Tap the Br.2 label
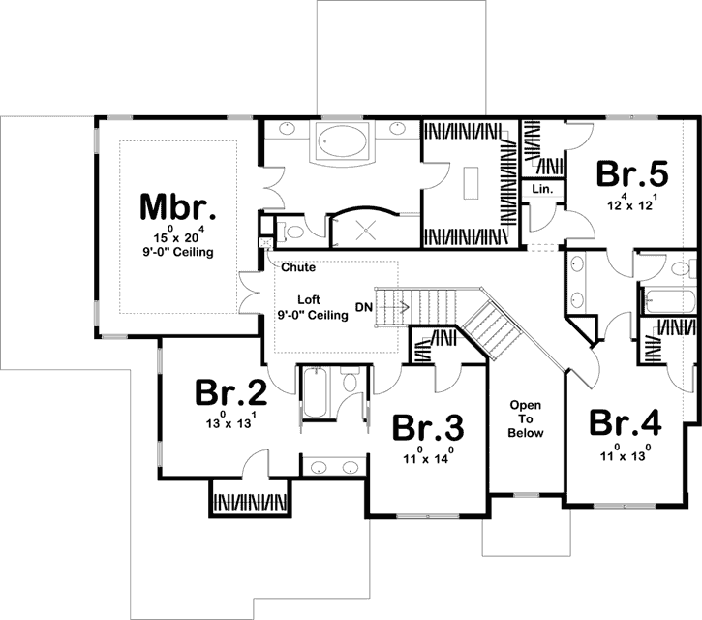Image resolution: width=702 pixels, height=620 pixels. [230, 392]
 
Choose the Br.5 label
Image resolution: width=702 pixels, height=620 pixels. [631, 174]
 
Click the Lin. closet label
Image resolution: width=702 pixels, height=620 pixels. [541, 190]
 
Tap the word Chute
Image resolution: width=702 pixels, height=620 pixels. [299, 266]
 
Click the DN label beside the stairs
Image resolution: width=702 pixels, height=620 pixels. [363, 307]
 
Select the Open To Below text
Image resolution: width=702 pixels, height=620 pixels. [525, 419]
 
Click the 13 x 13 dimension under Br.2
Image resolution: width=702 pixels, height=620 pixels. [230, 421]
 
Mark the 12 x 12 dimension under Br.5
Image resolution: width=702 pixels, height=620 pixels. [631, 204]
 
